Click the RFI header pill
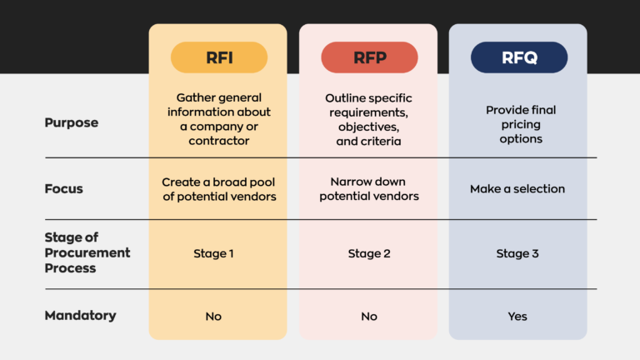click(218, 57)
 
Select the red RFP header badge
click(368, 57)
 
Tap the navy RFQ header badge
click(518, 57)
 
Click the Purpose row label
click(71, 122)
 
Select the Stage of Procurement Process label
click(87, 253)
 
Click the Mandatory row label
click(80, 315)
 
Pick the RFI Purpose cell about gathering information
click(218, 118)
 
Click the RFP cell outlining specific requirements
click(368, 120)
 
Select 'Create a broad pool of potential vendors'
click(218, 188)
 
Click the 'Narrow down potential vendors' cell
click(368, 188)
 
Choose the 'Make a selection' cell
click(517, 188)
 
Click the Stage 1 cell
click(218, 253)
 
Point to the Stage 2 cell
click(368, 253)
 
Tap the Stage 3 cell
click(517, 253)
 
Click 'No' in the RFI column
click(214, 316)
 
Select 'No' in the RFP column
click(368, 316)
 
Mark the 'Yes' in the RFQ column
click(517, 316)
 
